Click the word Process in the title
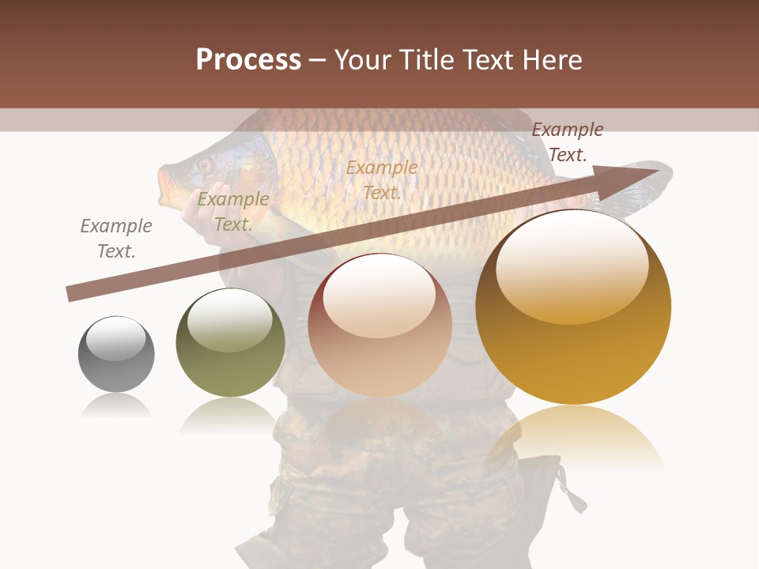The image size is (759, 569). coord(248,60)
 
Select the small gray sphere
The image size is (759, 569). coord(116,354)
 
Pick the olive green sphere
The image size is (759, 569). coord(230,343)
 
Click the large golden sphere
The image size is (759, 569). coord(573,307)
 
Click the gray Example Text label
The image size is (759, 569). coord(116,239)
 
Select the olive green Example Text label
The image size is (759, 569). coord(232,212)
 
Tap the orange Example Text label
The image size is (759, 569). coord(382,179)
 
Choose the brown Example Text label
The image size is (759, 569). coord(568,141)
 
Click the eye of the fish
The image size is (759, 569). coord(205,165)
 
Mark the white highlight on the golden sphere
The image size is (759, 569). coord(572,266)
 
